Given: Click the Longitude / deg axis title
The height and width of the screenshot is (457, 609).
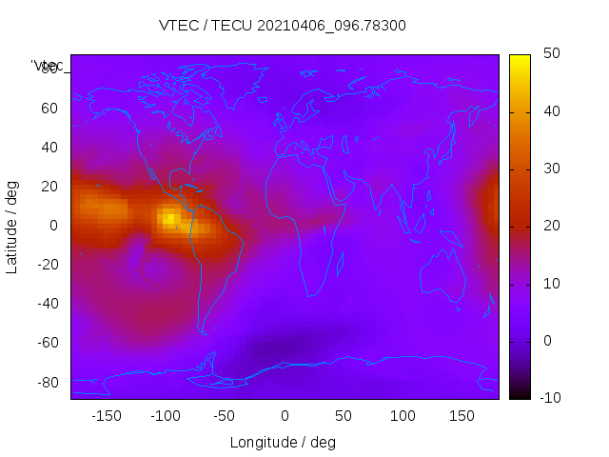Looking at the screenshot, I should click(283, 443).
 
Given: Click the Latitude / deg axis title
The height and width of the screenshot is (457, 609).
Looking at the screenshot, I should click(12, 225).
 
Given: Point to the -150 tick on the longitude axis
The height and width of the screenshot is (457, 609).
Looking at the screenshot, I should click(107, 416).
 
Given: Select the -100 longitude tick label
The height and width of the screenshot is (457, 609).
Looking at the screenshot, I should click(166, 416).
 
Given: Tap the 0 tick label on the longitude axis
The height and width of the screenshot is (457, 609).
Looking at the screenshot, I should click(285, 416).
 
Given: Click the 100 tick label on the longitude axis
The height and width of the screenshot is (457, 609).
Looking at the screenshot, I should click(403, 416).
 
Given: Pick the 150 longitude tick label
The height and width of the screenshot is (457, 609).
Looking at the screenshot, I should click(462, 416).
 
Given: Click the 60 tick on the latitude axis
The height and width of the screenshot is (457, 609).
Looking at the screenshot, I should click(49, 108).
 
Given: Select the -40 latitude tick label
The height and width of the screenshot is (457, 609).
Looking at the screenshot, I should click(46, 304).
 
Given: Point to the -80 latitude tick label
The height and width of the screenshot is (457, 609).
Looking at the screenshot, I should click(46, 383).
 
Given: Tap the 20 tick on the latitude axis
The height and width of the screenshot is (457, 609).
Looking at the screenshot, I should click(49, 186).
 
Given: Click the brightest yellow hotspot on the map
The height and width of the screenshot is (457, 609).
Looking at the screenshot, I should click(168, 219).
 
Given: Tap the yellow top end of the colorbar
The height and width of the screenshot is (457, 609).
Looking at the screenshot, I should click(519, 60).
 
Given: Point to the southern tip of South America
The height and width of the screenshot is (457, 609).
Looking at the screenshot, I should click(203, 332).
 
